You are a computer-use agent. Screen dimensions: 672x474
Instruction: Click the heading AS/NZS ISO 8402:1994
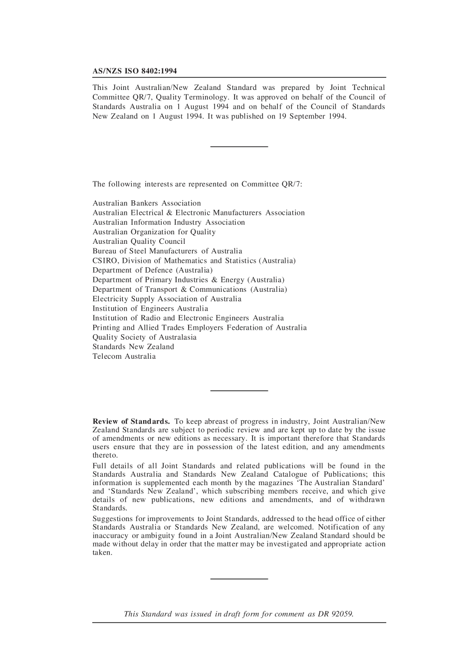tap(134, 71)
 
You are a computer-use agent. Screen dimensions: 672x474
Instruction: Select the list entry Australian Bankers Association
tap(147, 203)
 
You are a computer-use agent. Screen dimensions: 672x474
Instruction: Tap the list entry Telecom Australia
tap(124, 356)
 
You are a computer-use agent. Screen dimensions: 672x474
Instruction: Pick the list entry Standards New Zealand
tap(133, 347)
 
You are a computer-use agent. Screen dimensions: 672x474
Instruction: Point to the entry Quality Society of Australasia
tap(144, 337)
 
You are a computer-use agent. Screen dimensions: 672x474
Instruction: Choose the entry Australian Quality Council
tap(139, 241)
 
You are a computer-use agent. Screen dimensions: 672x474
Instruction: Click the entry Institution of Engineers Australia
tap(150, 308)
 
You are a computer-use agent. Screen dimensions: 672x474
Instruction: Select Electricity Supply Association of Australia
tap(167, 299)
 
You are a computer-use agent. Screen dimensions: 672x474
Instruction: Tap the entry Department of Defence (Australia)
tap(152, 270)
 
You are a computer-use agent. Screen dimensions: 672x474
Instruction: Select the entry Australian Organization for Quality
tap(154, 232)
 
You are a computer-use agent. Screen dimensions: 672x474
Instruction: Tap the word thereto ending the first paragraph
tap(105, 455)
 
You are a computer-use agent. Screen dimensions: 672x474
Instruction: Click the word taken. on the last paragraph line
tap(102, 553)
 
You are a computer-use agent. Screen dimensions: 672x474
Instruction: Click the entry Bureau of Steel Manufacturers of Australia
tap(167, 251)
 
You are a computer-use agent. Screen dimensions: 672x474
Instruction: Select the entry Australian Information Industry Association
tap(169, 222)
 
